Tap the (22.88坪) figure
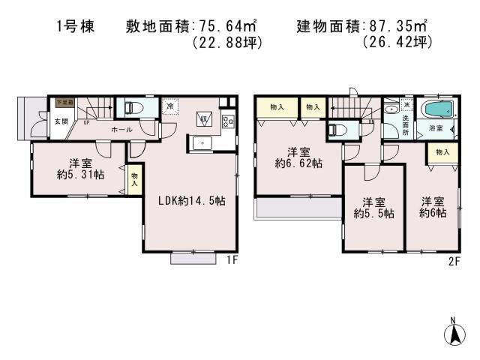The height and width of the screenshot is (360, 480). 228,43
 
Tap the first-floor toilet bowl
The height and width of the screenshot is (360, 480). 134,108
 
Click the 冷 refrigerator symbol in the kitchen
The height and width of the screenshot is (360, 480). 170,107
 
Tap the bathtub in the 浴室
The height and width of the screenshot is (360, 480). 434,111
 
